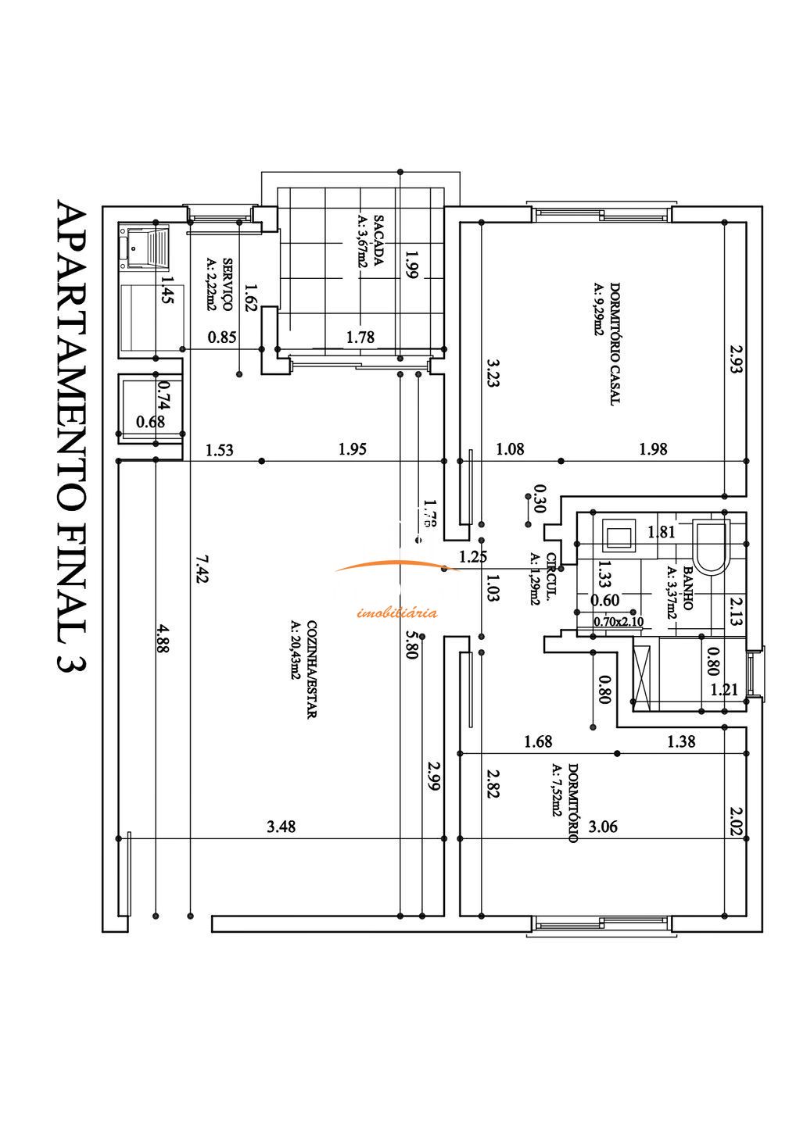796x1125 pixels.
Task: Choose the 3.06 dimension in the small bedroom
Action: [603, 827]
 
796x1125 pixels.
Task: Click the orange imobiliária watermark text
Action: [396, 612]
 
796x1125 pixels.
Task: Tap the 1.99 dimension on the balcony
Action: [412, 263]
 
